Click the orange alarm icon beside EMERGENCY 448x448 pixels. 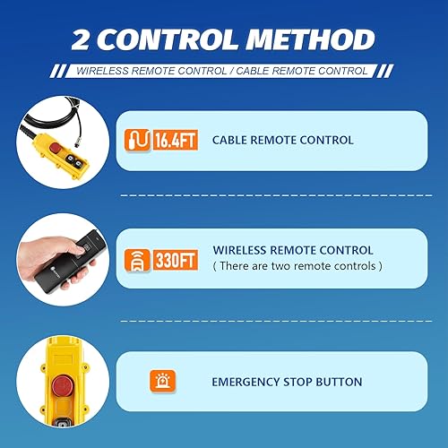pos(161,382)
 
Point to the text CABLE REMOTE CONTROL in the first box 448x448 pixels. pos(282,141)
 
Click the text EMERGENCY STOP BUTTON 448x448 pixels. pos(287,382)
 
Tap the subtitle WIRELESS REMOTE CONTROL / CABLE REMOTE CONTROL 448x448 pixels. pos(223,71)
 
